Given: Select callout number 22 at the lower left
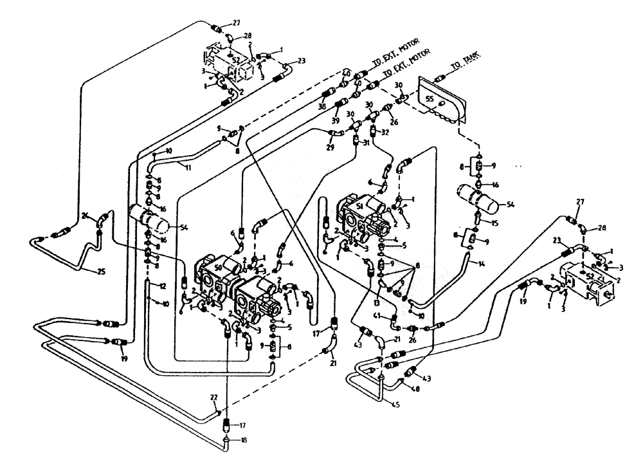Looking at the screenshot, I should pos(213,397).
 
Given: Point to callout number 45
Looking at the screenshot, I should pos(394,404).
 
